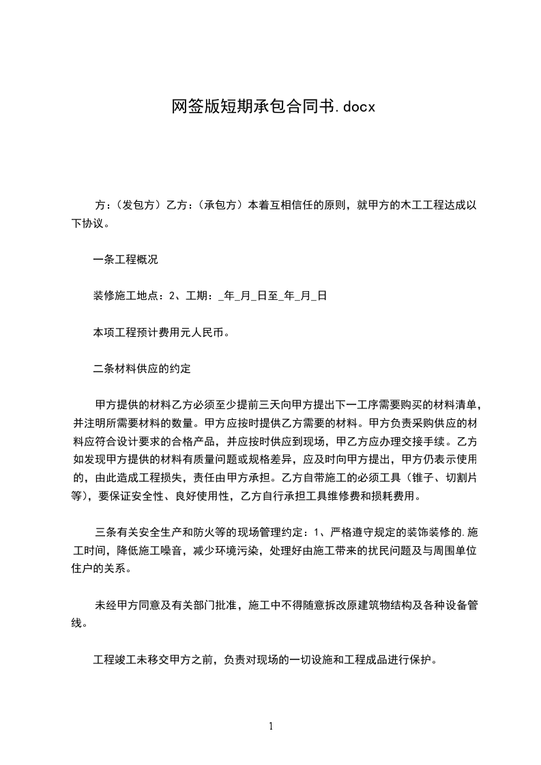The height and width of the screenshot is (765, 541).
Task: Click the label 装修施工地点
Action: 125,296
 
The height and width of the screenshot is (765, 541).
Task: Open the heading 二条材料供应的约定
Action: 141,370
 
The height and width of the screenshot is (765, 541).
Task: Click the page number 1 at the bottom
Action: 271,726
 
